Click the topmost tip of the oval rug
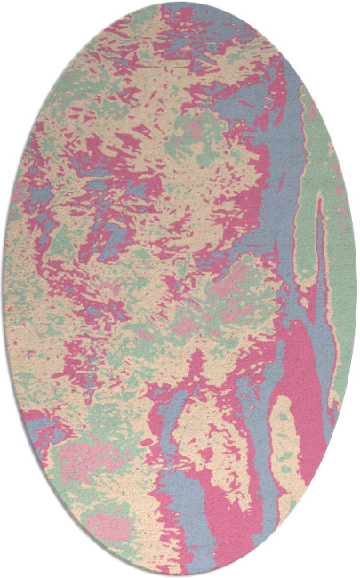click(x=180, y=3)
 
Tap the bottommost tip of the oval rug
click(x=180, y=575)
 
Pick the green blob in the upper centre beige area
click(x=191, y=133)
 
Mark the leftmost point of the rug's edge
click(x=3, y=289)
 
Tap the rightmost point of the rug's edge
click(x=356, y=289)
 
